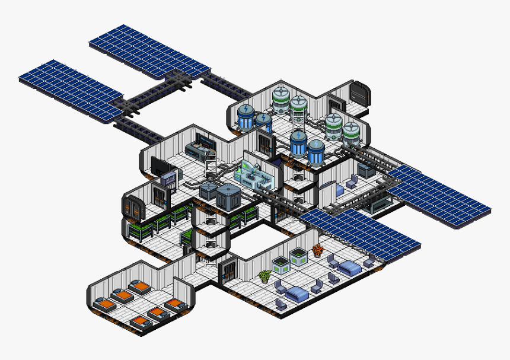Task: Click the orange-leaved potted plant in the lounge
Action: pos(317,250)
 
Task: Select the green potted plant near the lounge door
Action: pos(265,276)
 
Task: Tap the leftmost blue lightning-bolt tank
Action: pos(246,116)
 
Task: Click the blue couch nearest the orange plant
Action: pos(349,269)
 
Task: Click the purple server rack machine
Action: pos(169,180)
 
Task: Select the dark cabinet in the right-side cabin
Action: pos(366,171)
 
